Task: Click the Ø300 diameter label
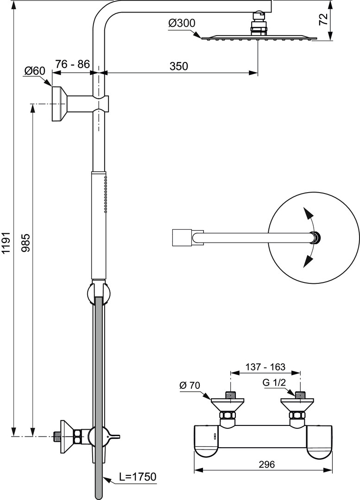182,23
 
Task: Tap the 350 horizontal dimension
178,66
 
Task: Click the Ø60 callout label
35,70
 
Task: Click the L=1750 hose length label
137,476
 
